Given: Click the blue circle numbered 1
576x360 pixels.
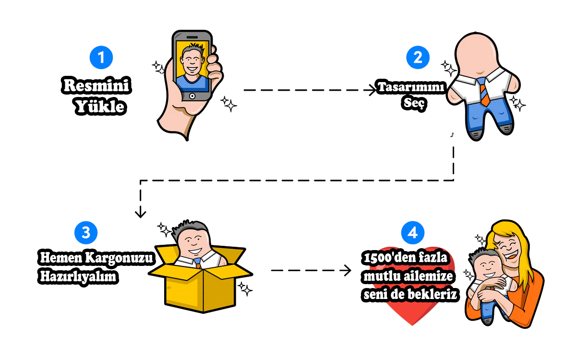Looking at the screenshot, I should point(101,58).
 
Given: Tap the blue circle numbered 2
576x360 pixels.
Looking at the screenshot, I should point(418,58).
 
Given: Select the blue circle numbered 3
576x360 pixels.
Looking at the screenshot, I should point(86,233).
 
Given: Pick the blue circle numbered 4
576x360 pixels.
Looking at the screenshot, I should point(412,233).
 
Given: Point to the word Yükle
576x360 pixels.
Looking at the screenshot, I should point(100,107).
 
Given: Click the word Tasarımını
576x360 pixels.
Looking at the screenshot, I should point(412,88).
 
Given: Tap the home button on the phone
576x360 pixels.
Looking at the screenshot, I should point(192,96).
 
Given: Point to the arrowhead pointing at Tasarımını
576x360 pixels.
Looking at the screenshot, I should point(372,90).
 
